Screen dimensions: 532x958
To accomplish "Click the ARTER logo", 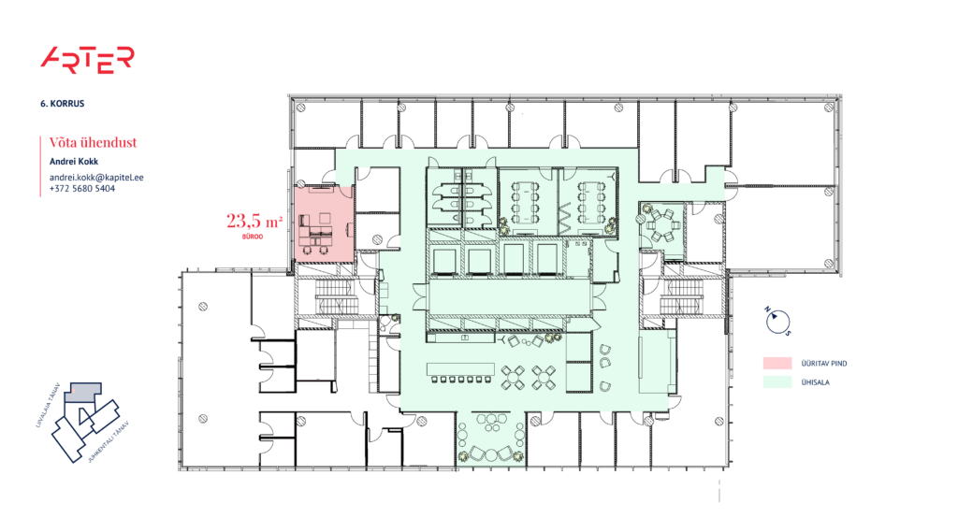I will pos(87,59).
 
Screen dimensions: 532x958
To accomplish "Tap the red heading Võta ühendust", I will pos(94,142).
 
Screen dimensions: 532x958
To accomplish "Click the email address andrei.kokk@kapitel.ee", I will pos(95,176).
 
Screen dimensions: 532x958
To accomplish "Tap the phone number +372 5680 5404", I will pos(82,188).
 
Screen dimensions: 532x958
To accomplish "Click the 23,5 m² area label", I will pos(254,222).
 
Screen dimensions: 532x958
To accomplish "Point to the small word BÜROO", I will pos(251,237).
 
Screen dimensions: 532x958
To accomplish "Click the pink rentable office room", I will pos(325,222).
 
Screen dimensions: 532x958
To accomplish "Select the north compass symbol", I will pos(776,321).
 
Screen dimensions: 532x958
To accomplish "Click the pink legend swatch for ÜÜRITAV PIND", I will pos(777,363).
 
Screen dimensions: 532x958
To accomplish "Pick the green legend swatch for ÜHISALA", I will pos(777,381).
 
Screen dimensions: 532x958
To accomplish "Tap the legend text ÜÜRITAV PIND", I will pos(823,363).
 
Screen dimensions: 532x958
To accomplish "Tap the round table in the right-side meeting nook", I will pos(666,223).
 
